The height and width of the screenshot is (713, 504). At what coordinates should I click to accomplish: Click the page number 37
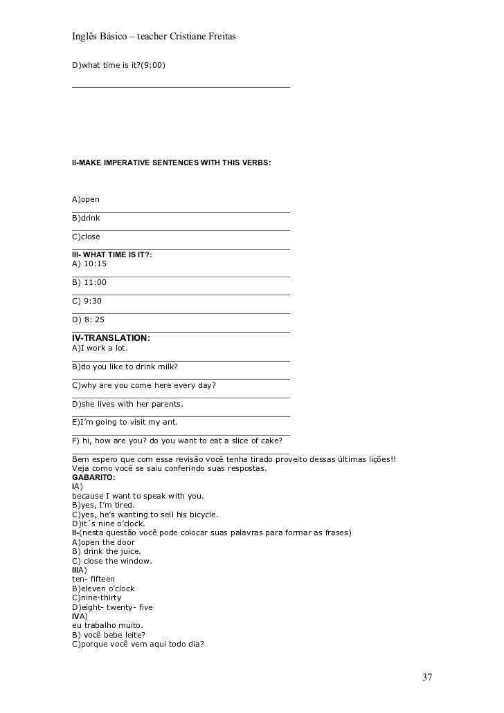tap(427, 676)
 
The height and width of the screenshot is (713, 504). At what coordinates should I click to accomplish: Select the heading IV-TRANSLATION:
tap(111, 337)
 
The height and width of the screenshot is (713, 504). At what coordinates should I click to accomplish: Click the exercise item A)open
tap(86, 199)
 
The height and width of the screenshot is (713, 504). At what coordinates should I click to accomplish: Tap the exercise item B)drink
tap(86, 218)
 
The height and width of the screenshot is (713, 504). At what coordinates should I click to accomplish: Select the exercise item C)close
tap(86, 237)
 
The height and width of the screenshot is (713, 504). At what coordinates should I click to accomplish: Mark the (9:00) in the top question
tap(153, 65)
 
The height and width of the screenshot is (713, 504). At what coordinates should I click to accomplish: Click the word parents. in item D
tap(163, 403)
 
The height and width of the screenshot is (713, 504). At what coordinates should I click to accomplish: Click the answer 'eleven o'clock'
tap(108, 589)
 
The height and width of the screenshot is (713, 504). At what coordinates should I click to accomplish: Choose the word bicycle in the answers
tap(200, 515)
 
